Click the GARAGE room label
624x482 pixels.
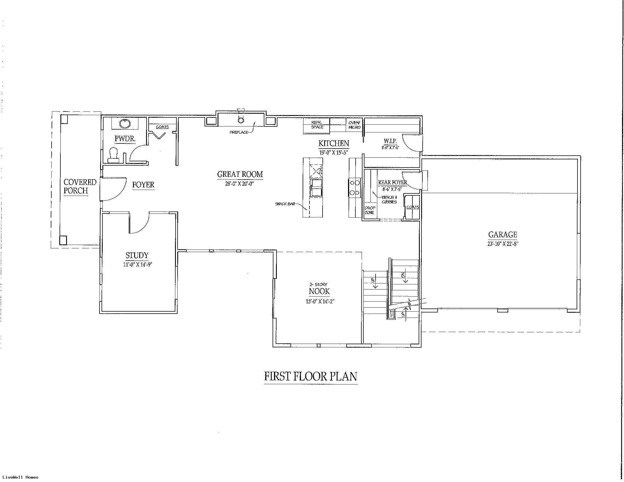[x=503, y=235]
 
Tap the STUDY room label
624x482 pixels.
[x=137, y=255]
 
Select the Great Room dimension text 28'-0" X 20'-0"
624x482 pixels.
[x=239, y=184]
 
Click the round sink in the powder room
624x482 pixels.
[x=125, y=124]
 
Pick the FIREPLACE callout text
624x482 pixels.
[x=239, y=132]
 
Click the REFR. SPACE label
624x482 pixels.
[x=317, y=125]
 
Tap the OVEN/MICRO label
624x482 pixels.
[x=354, y=125]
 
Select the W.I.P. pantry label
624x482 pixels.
[x=390, y=141]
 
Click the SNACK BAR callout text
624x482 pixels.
[x=285, y=204]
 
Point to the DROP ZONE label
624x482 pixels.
[x=370, y=210]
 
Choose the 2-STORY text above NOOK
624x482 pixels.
[x=318, y=284]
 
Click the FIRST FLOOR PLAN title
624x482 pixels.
[x=311, y=376]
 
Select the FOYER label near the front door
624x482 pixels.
[x=143, y=185]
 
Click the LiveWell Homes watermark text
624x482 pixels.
[x=20, y=477]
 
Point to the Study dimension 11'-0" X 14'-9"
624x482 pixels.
[x=137, y=265]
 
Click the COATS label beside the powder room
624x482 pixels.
[x=162, y=127]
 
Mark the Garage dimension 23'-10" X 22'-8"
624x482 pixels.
[x=503, y=244]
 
